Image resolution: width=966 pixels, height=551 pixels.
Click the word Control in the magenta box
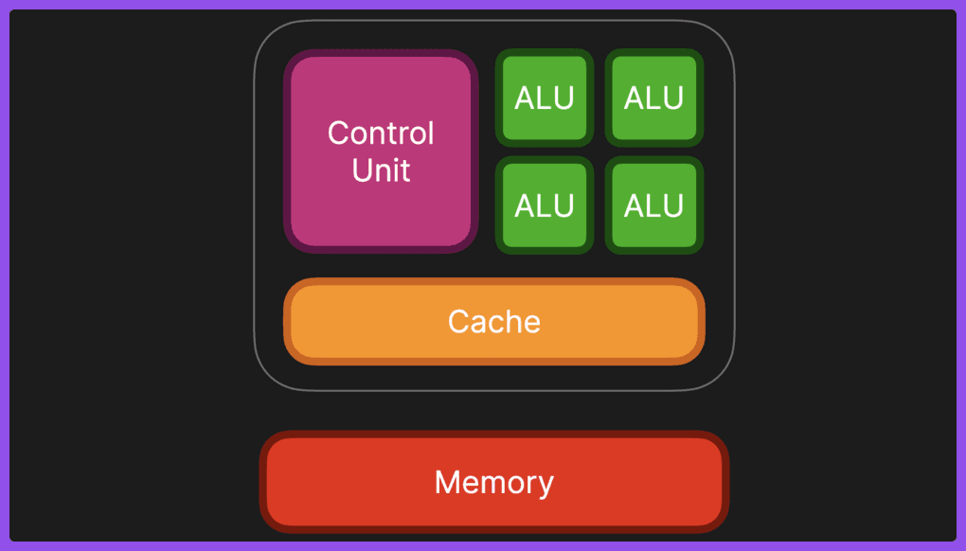(381, 133)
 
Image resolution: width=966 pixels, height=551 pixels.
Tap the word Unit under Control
(381, 170)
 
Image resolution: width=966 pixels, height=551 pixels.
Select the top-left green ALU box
(545, 98)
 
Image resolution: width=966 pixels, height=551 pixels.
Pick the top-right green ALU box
(653, 98)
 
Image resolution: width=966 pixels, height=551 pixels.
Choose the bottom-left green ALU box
(545, 205)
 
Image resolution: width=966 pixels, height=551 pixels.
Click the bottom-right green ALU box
(653, 205)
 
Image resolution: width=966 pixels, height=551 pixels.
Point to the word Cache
(493, 322)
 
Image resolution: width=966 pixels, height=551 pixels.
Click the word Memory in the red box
(493, 483)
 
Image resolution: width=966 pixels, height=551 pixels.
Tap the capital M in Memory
(446, 483)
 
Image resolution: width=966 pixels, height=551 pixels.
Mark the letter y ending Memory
(546, 485)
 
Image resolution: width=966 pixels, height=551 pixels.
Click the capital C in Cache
(458, 322)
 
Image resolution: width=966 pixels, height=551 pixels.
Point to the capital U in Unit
(362, 170)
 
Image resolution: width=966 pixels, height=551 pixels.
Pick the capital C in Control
(338, 133)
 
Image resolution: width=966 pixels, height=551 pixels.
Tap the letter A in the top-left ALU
(525, 98)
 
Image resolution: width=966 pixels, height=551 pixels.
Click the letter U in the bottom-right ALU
(673, 205)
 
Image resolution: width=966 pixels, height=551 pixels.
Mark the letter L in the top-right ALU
(653, 98)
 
